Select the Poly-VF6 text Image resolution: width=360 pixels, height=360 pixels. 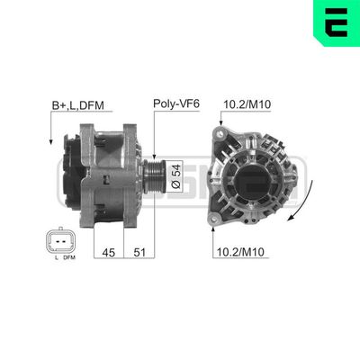tap(175, 105)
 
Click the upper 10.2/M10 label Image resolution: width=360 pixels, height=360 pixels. tap(246, 105)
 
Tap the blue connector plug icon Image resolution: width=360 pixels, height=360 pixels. tap(56, 241)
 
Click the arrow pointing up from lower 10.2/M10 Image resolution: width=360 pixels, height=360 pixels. tap(214, 229)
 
